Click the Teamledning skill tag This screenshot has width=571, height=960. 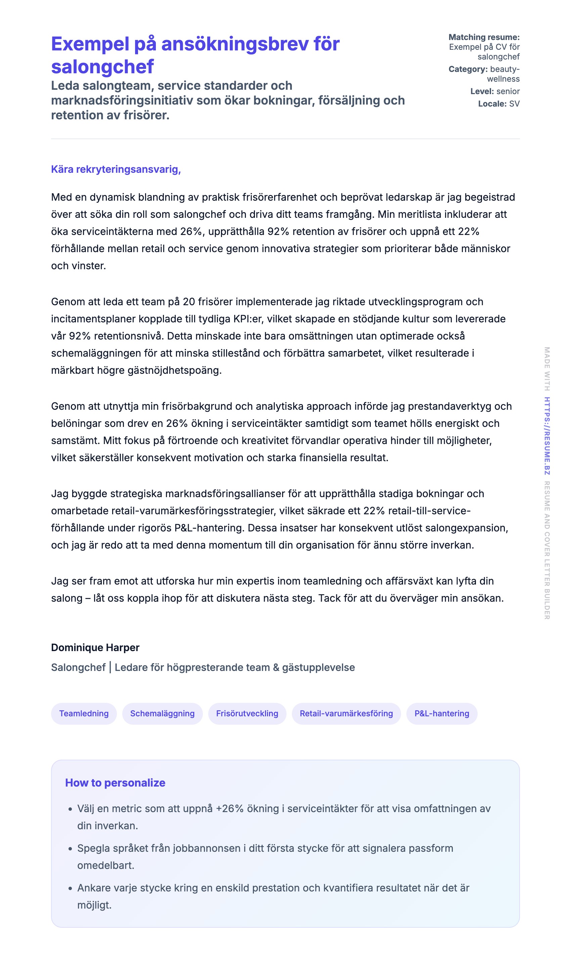coord(84,714)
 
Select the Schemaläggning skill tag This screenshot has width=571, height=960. coord(162,714)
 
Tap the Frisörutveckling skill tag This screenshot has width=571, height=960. coord(247,714)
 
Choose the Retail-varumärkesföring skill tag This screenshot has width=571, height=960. coord(346,714)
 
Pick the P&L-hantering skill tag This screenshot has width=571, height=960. coord(442,714)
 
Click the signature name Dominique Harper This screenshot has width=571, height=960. coord(95,647)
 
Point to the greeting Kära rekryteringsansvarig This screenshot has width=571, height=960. coord(116,169)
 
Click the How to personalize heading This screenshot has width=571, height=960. coord(115,783)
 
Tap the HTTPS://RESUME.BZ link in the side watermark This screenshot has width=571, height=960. coord(547,436)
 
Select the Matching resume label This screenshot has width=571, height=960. coord(484,37)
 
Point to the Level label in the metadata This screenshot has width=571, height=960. coord(482,92)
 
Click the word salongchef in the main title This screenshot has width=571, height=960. coord(102,67)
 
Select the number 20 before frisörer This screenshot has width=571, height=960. coord(189,302)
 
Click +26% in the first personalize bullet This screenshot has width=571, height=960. coord(230,809)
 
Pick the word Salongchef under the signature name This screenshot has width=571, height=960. coord(78,667)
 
